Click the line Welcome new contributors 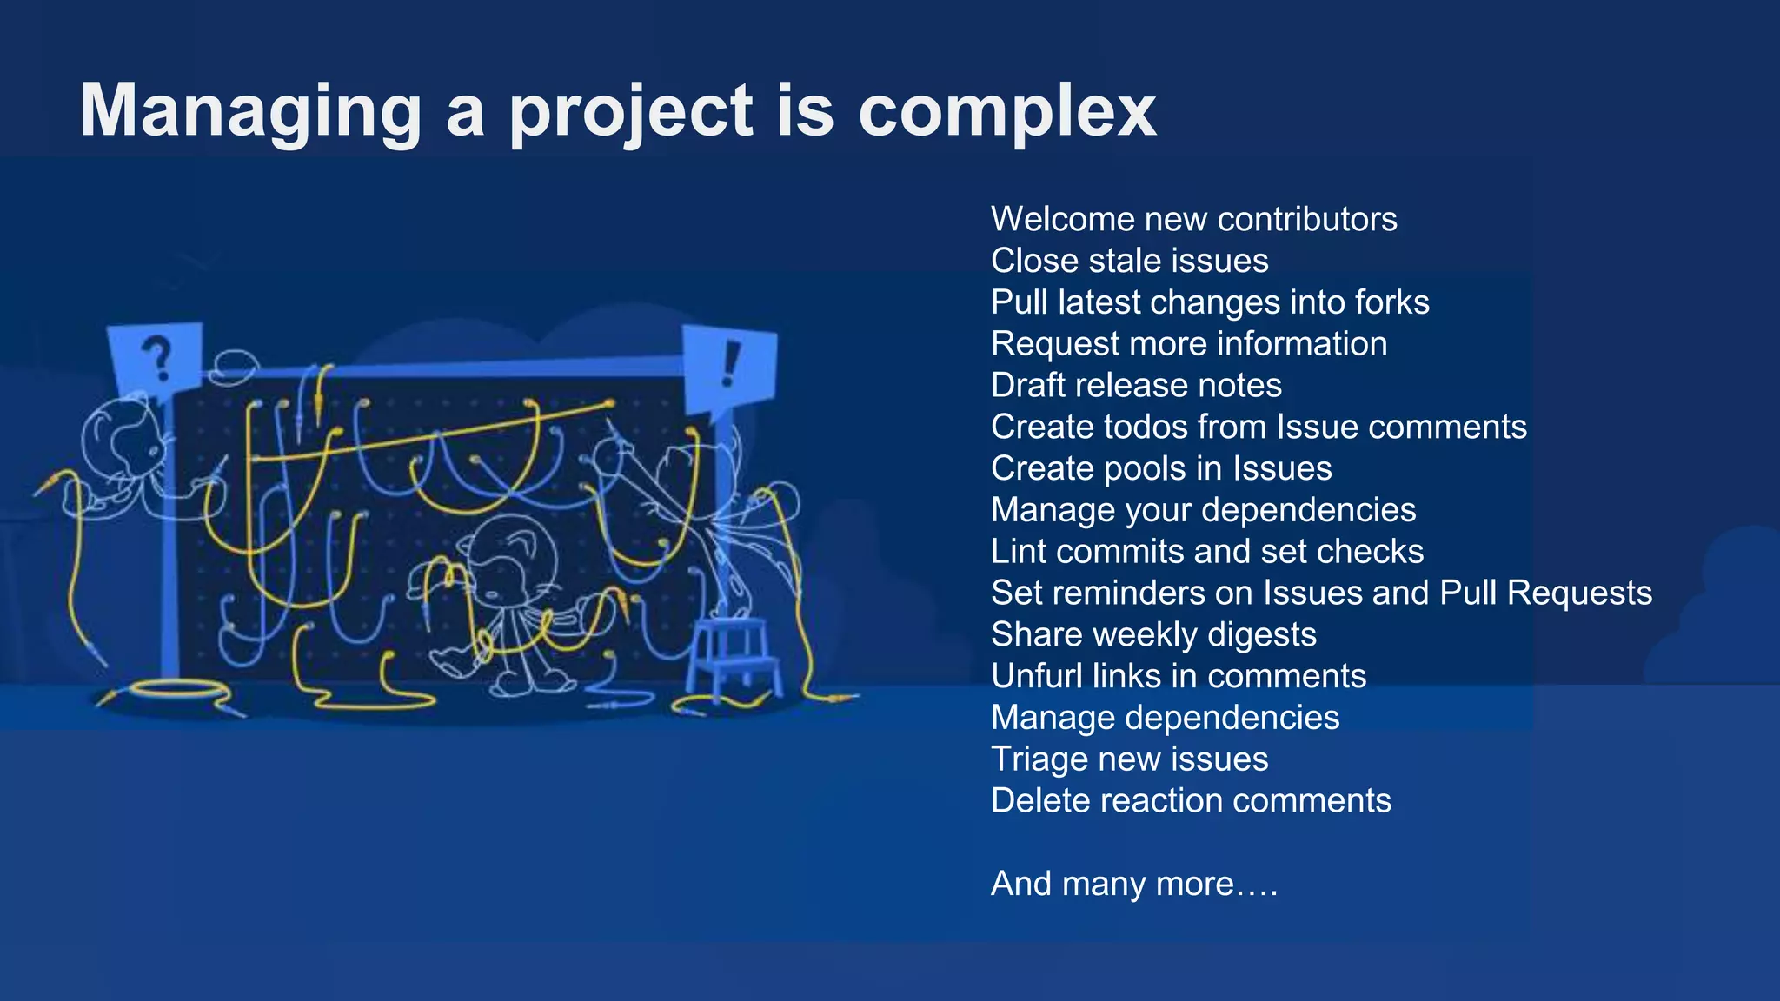point(1193,219)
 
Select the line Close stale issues point(1129,261)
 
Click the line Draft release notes point(1136,385)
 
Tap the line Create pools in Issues point(1161,468)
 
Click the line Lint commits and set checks point(1207,552)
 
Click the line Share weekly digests point(1153,634)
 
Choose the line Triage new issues point(1129,759)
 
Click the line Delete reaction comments point(1191,800)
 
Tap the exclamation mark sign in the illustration point(730,365)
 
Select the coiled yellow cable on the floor point(178,691)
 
